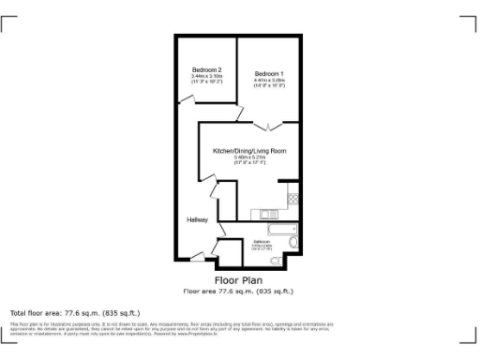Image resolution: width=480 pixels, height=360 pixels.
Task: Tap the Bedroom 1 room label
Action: [x=269, y=74]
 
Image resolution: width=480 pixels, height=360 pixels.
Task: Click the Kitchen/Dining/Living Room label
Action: [x=249, y=151]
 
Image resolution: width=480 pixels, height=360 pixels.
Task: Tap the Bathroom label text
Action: [x=262, y=242]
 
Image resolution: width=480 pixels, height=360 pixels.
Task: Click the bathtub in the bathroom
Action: [x=281, y=229]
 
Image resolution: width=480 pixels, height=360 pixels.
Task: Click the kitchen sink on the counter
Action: [x=267, y=212]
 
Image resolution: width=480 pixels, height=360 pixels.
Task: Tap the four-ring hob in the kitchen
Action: [x=293, y=199]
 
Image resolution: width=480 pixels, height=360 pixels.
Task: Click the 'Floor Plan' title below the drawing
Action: [x=238, y=279]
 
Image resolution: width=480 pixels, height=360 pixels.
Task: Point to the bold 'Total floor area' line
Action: [x=74, y=312]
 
